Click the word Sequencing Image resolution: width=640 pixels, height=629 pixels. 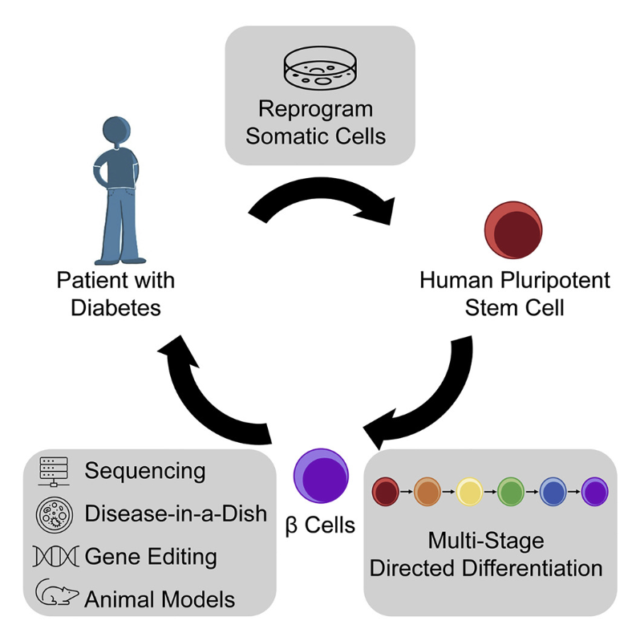click(145, 471)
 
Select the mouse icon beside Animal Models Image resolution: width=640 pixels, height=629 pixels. click(55, 595)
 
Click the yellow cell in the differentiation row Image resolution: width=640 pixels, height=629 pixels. click(469, 489)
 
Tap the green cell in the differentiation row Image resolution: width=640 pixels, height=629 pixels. click(511, 489)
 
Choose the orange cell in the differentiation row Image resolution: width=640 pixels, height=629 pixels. click(427, 489)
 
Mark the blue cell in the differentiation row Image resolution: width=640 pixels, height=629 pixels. click(553, 489)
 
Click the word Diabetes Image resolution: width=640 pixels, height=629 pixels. click(115, 308)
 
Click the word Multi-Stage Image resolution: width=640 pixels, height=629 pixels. click(495, 541)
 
